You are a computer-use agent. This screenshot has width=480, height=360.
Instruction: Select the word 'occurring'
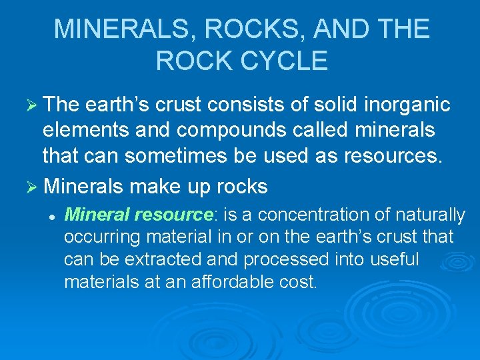coord(97,237)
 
